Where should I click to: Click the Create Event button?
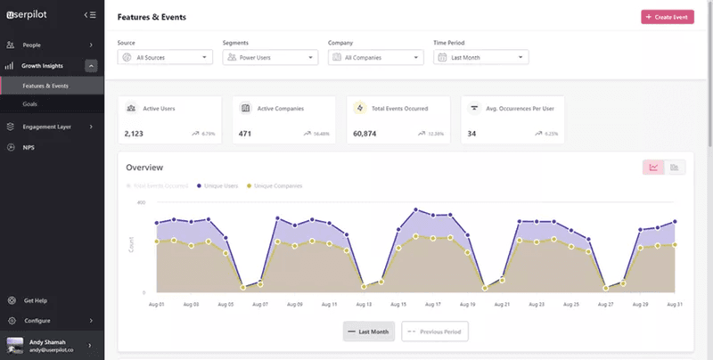667,17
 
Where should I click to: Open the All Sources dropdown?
165,57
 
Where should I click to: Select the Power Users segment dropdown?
270,57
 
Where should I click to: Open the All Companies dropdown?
375,57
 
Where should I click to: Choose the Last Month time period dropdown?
480,57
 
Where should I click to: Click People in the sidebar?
31,45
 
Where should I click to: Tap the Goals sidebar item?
30,104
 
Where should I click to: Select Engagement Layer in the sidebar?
45,127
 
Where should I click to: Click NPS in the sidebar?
29,147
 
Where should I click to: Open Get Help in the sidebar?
37,301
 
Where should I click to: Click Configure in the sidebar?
37,321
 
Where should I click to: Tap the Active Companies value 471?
245,134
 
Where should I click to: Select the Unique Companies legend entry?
276,185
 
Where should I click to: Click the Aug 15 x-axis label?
397,304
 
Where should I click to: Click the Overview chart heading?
144,168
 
